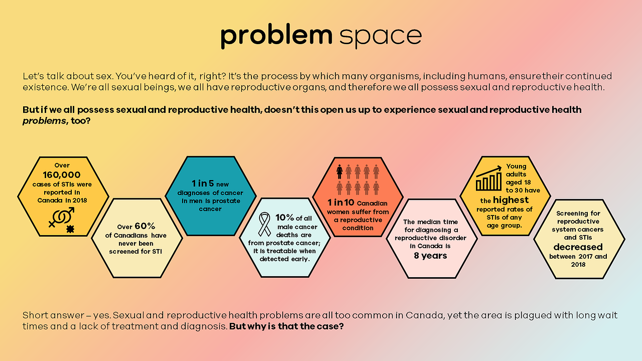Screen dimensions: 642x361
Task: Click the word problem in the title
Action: coord(277,36)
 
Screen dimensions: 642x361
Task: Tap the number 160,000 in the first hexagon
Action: coord(62,175)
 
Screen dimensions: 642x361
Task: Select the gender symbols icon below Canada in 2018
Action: coord(61,217)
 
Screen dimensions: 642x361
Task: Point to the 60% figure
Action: coord(145,226)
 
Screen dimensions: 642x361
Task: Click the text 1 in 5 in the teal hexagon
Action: coord(203,183)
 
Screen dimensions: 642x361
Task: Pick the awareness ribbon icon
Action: coord(264,224)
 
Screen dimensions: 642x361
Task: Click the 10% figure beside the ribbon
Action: coord(285,217)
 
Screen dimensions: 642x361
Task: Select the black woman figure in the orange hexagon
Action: coord(339,172)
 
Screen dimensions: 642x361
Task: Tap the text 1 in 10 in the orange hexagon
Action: coord(341,202)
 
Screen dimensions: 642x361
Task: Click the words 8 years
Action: coord(430,256)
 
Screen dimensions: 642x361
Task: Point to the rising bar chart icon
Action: coord(489,178)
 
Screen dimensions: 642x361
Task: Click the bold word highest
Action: coord(510,200)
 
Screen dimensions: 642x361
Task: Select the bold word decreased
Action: coord(578,247)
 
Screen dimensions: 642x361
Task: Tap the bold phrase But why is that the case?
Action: coord(286,326)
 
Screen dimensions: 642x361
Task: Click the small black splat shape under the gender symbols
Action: coord(70,229)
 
